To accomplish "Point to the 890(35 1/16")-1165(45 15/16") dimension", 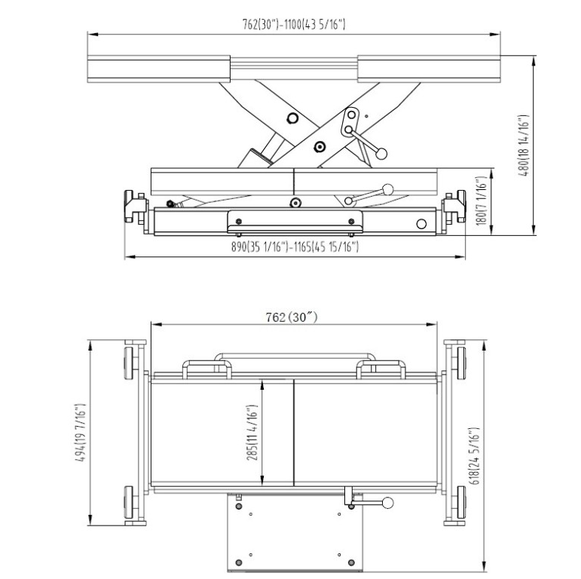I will tap(294, 247).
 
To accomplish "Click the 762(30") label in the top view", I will tap(294, 317).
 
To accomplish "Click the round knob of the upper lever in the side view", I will tap(381, 154).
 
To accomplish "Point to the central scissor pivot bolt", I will tap(320, 146).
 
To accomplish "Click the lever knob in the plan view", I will tap(389, 503).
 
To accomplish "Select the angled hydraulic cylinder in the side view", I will tap(256, 155).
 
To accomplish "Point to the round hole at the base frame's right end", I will tap(421, 224).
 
